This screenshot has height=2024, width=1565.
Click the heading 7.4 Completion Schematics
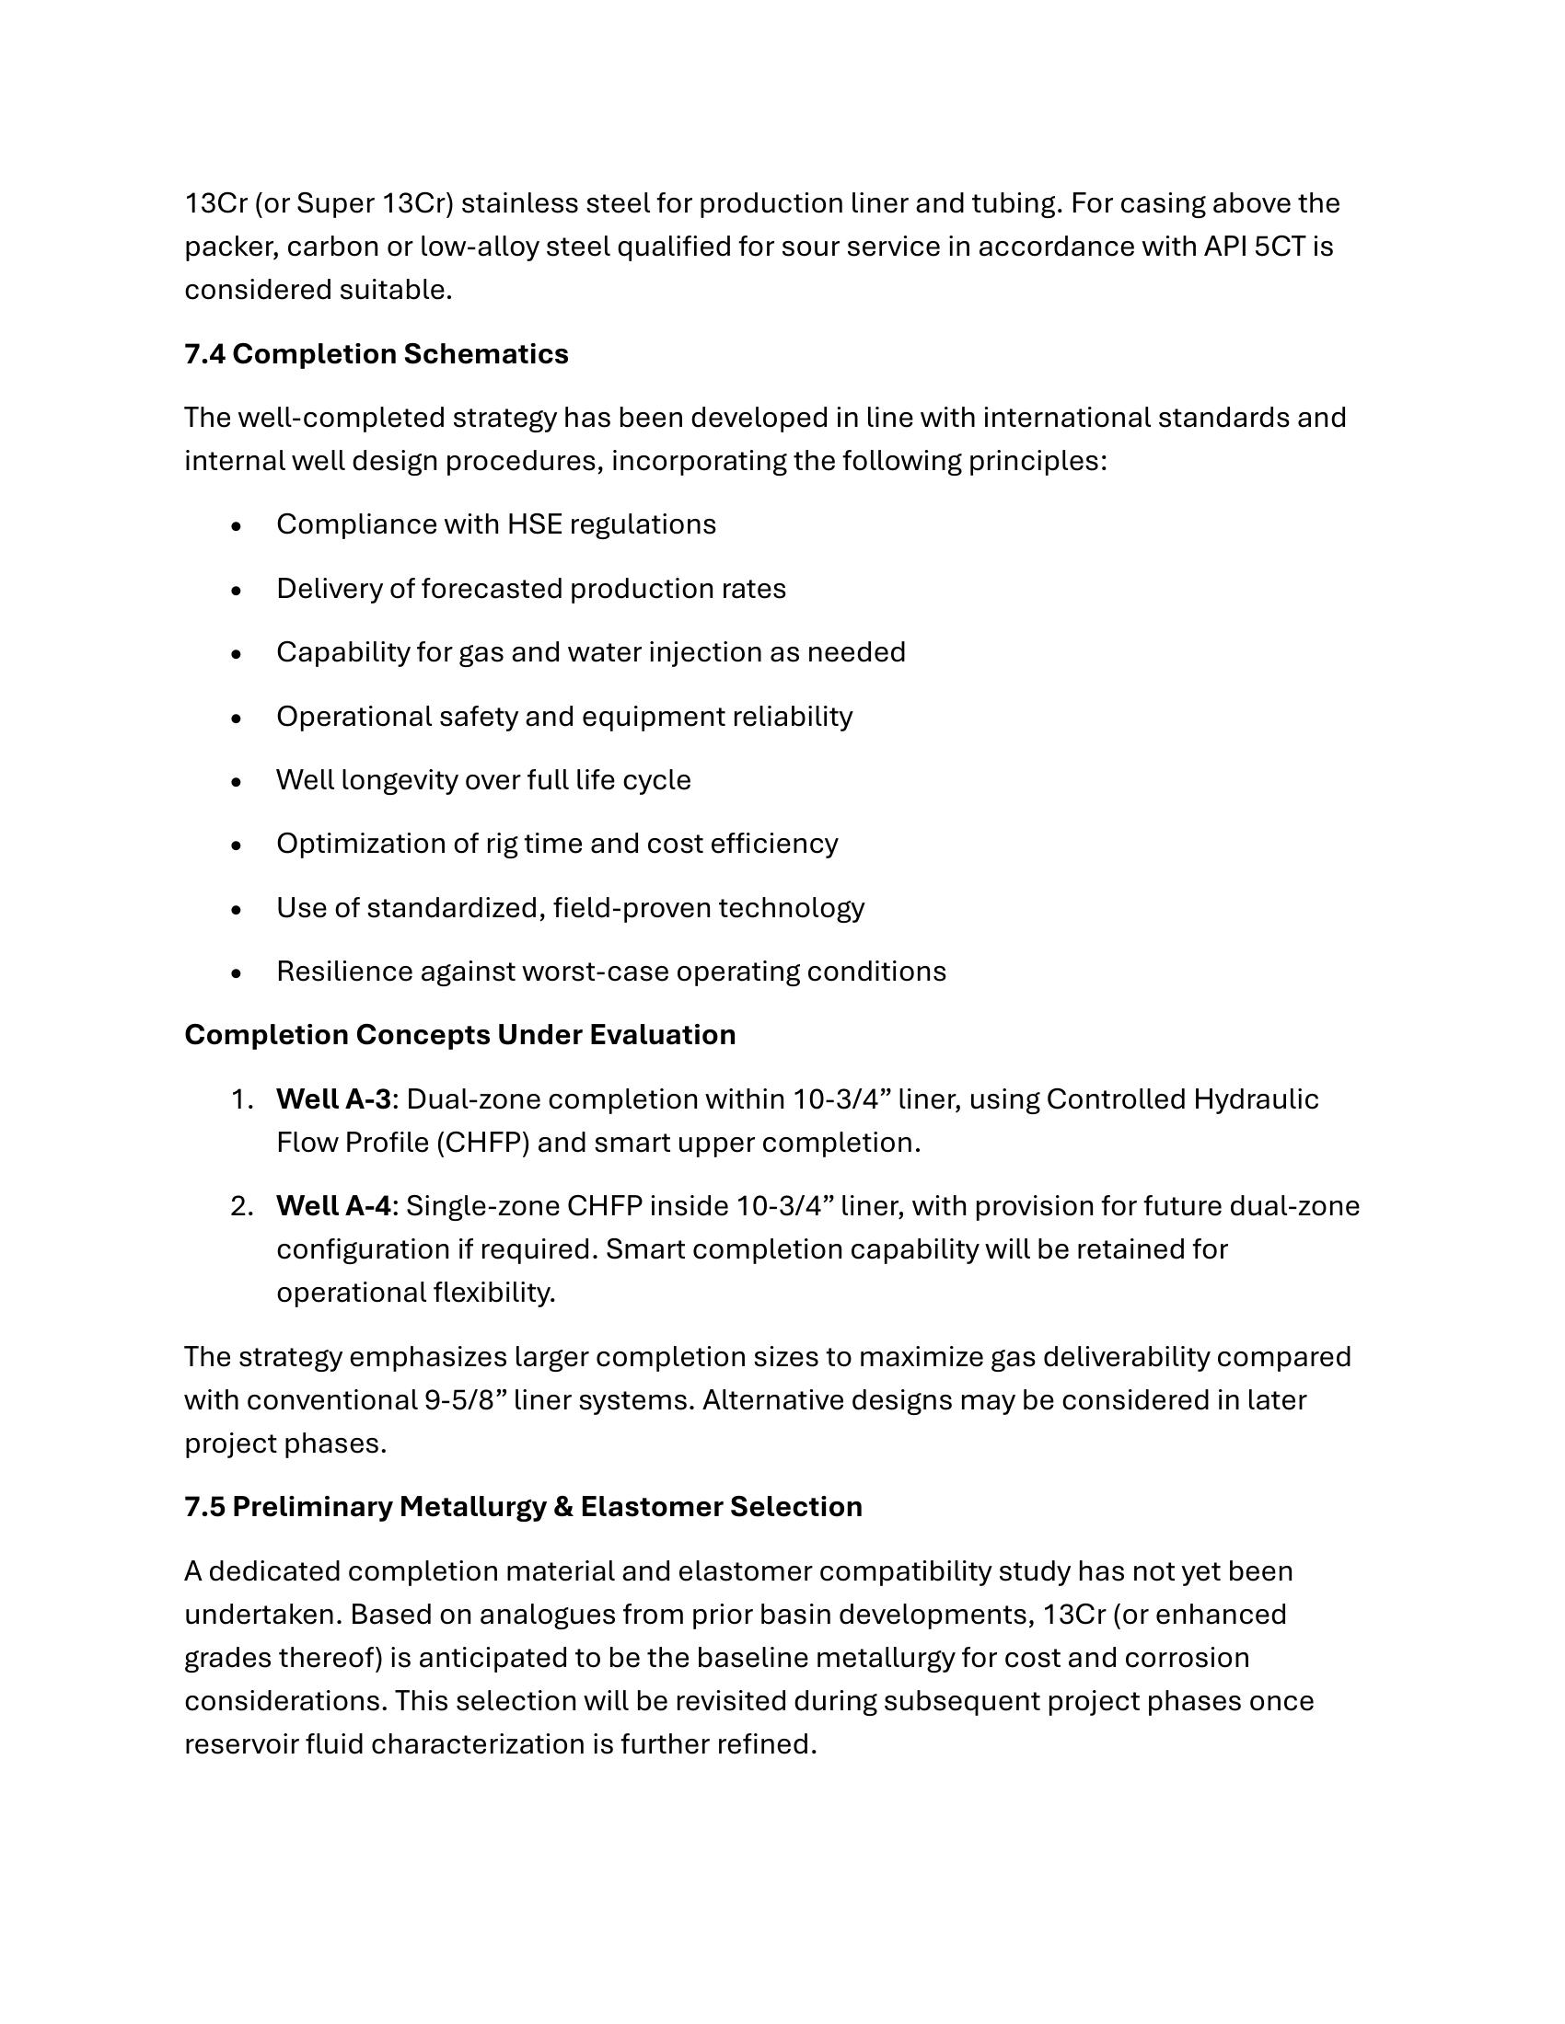click(377, 354)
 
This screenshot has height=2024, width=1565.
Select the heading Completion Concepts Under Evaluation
click(460, 1034)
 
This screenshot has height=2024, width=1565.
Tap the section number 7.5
click(204, 1507)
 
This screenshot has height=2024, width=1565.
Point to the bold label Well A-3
click(333, 1099)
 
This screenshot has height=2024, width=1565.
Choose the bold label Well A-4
click(333, 1206)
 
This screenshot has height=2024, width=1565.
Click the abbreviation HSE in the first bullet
click(534, 524)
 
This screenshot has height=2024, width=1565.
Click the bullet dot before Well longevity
click(238, 781)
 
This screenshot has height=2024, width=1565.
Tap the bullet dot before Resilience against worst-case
click(238, 973)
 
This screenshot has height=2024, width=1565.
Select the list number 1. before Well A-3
click(242, 1099)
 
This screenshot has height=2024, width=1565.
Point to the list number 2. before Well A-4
click(242, 1206)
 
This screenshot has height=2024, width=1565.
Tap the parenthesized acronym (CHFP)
click(482, 1143)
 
